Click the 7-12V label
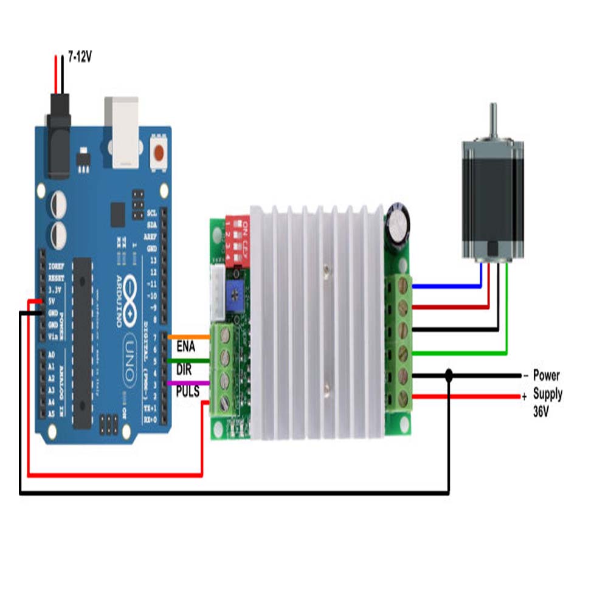(x=80, y=58)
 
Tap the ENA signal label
(x=185, y=347)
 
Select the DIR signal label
(x=184, y=369)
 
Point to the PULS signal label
(x=188, y=392)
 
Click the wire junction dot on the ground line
(x=449, y=377)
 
